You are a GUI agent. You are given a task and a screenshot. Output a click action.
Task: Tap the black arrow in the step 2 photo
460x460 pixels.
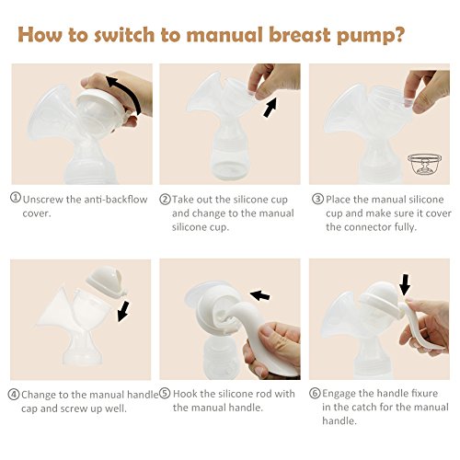(x=270, y=108)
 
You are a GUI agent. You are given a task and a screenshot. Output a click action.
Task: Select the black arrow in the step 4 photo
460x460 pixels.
(x=123, y=311)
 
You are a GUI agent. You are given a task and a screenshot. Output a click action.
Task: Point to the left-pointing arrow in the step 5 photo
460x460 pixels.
(x=259, y=295)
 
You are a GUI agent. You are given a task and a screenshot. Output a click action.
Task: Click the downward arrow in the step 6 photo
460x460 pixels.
(x=405, y=284)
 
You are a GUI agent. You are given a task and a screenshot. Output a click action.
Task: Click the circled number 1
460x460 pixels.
(x=16, y=198)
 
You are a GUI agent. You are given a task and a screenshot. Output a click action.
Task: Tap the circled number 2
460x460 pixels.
(x=165, y=200)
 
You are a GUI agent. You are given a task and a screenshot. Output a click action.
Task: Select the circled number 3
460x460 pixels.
(x=318, y=199)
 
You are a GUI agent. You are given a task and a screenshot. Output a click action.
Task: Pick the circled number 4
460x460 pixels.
(x=14, y=395)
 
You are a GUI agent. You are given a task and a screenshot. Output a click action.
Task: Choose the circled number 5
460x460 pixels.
(x=165, y=394)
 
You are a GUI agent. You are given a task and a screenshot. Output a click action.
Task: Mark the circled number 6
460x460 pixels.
(x=315, y=393)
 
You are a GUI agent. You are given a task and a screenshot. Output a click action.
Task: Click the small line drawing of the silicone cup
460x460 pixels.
(x=425, y=164)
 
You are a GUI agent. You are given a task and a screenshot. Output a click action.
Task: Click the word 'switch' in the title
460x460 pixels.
(x=124, y=35)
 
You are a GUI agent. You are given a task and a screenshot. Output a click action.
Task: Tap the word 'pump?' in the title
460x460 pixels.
(x=370, y=37)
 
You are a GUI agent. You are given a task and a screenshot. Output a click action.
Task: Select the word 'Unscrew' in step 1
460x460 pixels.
(x=43, y=200)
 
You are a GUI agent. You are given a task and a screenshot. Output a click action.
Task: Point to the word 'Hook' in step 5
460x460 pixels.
(x=185, y=394)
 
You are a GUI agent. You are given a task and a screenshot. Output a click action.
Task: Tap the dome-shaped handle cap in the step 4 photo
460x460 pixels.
(x=107, y=282)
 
